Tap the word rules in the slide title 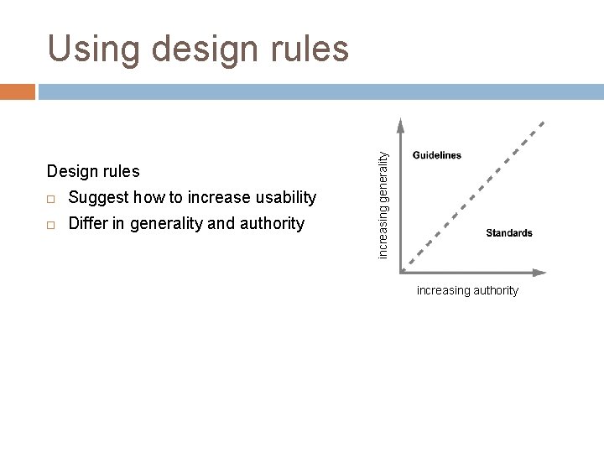click(x=307, y=49)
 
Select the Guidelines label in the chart click(x=436, y=155)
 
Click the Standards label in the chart click(x=508, y=233)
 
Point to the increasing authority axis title click(x=467, y=290)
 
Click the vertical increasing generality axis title click(x=383, y=204)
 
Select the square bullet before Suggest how click(x=51, y=199)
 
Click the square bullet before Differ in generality click(x=51, y=225)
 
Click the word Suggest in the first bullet click(x=96, y=198)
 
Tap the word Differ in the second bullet click(x=87, y=224)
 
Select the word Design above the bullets click(x=70, y=171)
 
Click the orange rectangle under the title click(x=18, y=91)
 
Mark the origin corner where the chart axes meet click(x=402, y=271)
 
